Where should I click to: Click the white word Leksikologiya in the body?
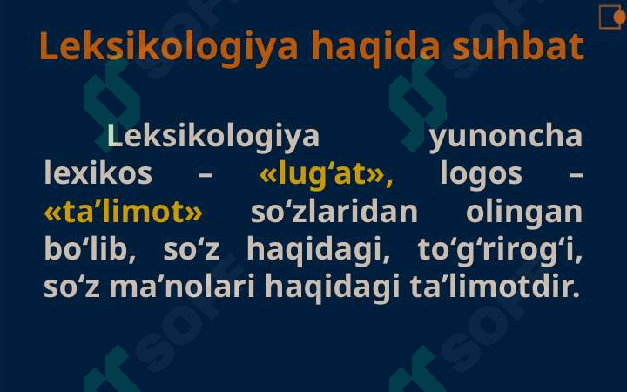(x=213, y=138)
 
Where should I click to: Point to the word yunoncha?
(x=505, y=138)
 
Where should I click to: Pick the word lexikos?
(x=98, y=174)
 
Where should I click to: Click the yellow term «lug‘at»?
(x=327, y=175)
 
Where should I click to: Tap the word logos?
(x=481, y=174)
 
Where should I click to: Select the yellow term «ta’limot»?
(x=123, y=212)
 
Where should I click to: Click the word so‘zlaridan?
(x=334, y=212)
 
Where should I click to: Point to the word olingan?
(x=524, y=212)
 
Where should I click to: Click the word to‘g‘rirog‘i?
(x=500, y=250)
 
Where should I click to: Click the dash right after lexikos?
(x=206, y=175)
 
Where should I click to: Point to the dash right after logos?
(x=575, y=175)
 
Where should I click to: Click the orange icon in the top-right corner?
(x=610, y=16)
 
